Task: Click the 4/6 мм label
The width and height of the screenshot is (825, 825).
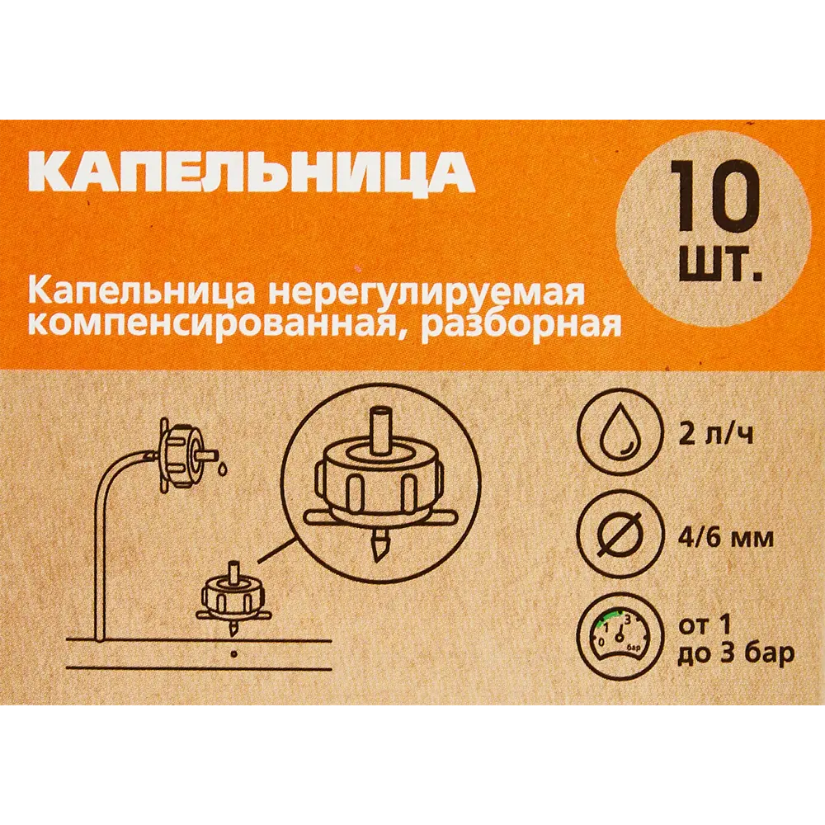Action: click(726, 538)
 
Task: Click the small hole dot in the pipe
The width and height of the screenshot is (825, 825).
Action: click(234, 654)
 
